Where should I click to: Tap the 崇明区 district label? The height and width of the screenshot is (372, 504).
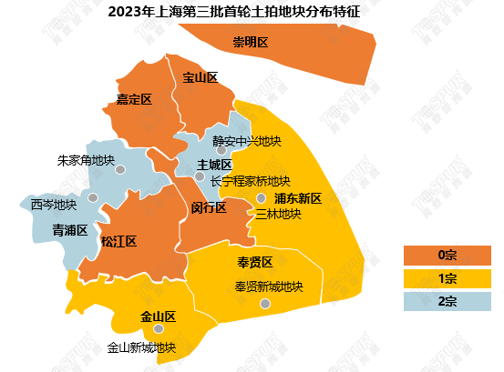coord(250,43)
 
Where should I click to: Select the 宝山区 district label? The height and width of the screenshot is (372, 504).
coord(200,77)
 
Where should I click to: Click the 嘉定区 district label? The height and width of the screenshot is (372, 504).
coord(133,98)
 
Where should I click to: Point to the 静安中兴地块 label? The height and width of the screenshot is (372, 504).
coord(246,141)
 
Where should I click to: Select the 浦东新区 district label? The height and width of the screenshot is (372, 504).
coord(298,198)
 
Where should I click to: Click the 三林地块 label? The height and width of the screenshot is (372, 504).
coord(278,215)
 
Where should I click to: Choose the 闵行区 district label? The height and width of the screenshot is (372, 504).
coord(209,207)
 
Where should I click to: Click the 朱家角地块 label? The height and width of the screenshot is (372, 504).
coord(86,160)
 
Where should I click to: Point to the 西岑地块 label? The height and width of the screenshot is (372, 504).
coord(53,204)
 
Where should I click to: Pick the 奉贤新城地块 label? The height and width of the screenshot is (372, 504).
coord(268,287)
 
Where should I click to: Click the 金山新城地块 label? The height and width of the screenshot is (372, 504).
coord(141,347)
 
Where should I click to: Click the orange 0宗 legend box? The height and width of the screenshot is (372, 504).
coord(447,254)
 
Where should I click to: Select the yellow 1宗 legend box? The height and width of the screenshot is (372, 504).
coord(447,277)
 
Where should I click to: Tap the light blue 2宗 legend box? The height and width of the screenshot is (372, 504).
coord(447,301)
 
